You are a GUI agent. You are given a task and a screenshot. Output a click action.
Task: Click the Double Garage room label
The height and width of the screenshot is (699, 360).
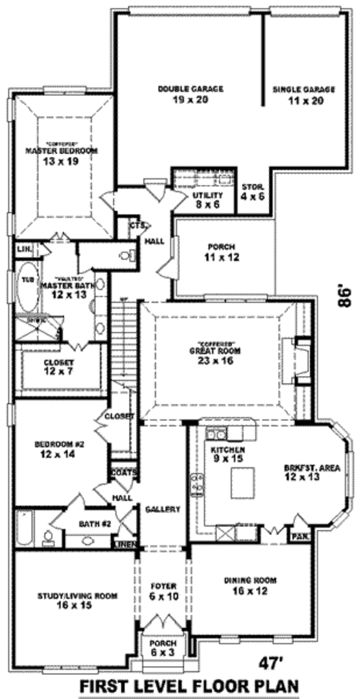click(191, 89)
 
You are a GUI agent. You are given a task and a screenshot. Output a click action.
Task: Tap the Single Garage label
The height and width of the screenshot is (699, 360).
click(304, 89)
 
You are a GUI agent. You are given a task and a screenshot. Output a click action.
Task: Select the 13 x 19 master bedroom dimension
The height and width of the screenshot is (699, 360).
click(61, 161)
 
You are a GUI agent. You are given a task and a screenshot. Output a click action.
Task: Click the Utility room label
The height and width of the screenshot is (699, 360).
click(208, 196)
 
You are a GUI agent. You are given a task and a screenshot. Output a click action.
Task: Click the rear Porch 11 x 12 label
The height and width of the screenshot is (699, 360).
click(221, 247)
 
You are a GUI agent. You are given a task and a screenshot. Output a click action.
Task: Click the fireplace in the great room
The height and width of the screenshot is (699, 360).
click(299, 361)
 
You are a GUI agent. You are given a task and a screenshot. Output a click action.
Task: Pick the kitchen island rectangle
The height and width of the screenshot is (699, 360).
click(242, 483)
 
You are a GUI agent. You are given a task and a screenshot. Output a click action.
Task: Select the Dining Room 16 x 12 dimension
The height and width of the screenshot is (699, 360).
click(250, 590)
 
